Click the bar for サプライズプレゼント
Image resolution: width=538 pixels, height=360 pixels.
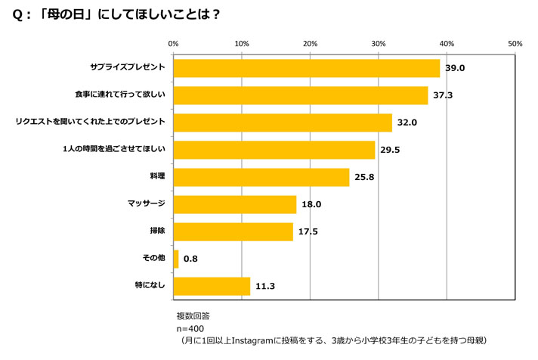306,68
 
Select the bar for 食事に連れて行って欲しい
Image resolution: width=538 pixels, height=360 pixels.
300,95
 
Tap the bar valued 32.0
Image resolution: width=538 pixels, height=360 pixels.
283,123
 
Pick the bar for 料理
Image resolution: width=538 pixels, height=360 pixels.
261,177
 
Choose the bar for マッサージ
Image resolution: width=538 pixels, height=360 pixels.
235,204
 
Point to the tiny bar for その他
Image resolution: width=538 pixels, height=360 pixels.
176,259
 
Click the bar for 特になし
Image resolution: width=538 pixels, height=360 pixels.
212,286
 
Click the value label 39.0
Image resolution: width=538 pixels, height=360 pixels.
454,68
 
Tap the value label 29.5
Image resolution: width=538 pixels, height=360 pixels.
390,150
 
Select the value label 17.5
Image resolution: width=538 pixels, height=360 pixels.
308,231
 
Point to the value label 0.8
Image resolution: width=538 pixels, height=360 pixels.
190,259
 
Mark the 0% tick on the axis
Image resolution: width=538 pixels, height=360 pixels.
174,44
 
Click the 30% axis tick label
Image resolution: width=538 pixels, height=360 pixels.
379,44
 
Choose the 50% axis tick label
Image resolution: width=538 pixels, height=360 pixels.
515,44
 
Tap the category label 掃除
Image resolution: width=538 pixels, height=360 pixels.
157,231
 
